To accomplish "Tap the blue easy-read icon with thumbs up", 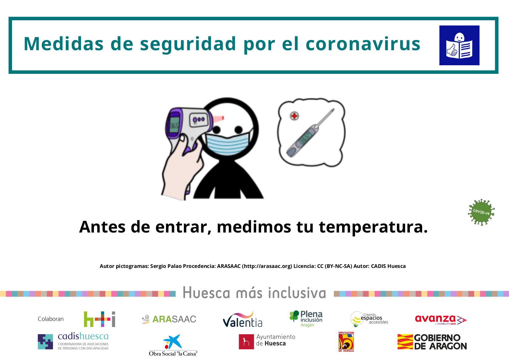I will point(459,45).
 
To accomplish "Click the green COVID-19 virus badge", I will point(481,212).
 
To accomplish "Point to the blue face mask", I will point(228,141).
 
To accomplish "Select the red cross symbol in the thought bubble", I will point(294,116).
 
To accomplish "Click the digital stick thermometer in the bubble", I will point(309,133).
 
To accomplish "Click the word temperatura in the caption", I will point(373,227).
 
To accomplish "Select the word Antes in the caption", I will point(102,227).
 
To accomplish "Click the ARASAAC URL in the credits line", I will point(267,266).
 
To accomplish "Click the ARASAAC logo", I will point(169,319).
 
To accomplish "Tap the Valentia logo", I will point(243,320).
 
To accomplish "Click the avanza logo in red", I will point(441,320).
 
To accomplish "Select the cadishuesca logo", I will point(73,341).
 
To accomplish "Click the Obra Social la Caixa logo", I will point(173,345).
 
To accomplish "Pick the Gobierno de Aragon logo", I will point(432,342).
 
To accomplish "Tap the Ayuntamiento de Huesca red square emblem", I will point(246,342).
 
